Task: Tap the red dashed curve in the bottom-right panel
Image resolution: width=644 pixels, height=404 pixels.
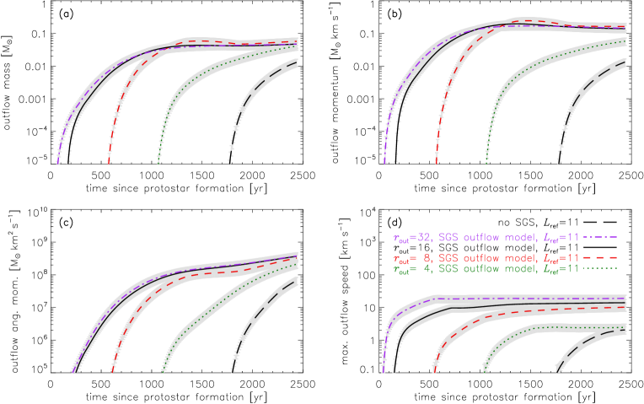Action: [x=472, y=319]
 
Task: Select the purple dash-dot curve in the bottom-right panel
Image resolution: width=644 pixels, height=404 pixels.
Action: [x=506, y=298]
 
